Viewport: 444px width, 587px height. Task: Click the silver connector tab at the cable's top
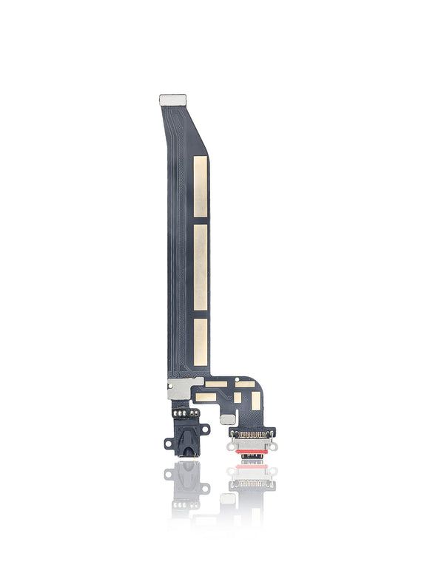pos(172,99)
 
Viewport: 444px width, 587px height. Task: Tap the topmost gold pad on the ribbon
pos(201,186)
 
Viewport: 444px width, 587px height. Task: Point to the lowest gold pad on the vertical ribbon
pos(201,342)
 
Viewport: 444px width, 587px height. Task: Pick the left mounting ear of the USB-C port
pos(232,447)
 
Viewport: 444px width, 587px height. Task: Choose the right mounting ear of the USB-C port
pos(272,447)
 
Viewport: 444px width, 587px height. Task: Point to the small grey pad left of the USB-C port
pos(226,418)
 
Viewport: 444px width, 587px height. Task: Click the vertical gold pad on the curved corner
pos(256,400)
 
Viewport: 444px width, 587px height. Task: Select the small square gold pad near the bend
pos(238,397)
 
